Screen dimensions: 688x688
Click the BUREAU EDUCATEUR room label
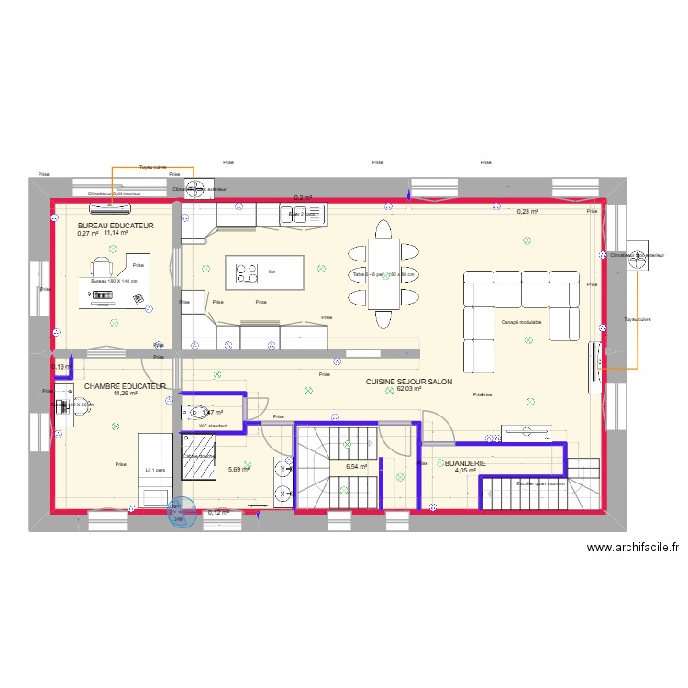116,225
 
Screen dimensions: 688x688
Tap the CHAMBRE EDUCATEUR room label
125,387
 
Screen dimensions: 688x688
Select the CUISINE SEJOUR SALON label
408,382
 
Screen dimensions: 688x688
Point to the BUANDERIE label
465,464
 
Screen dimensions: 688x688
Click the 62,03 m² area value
408,389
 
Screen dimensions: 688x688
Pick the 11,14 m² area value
116,233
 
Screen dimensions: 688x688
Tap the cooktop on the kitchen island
247,272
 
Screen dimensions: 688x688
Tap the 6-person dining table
383,273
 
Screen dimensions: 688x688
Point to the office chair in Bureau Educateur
102,266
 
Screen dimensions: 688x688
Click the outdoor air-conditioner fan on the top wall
195,189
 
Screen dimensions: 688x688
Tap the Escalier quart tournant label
540,483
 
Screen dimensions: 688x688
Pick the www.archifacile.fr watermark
632,548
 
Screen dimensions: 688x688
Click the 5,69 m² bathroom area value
238,470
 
